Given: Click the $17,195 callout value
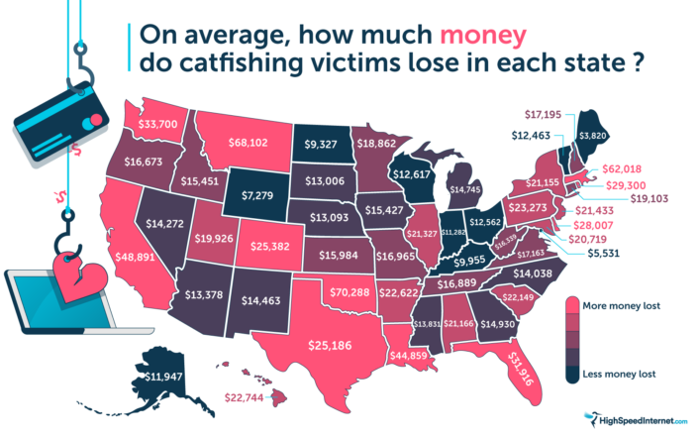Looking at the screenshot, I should (x=540, y=115).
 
